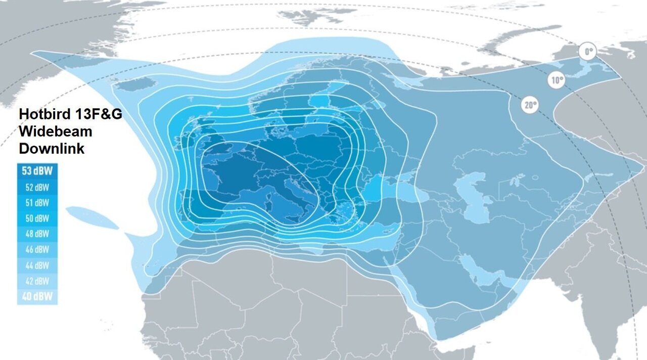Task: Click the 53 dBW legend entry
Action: (x=38, y=171)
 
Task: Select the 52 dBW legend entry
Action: (x=38, y=187)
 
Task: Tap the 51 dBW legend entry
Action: (x=38, y=203)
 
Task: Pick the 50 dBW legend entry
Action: (x=38, y=218)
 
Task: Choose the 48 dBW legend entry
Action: (x=38, y=234)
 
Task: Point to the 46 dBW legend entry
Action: (x=38, y=250)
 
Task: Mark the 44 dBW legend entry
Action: (x=38, y=265)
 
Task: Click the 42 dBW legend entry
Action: (x=38, y=281)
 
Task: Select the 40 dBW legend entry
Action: (x=38, y=296)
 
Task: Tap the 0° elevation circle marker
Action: (x=587, y=52)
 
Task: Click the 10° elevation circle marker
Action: (x=557, y=80)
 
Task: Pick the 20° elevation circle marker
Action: (x=530, y=105)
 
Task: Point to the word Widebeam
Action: (x=56, y=131)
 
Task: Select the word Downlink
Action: (x=52, y=149)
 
